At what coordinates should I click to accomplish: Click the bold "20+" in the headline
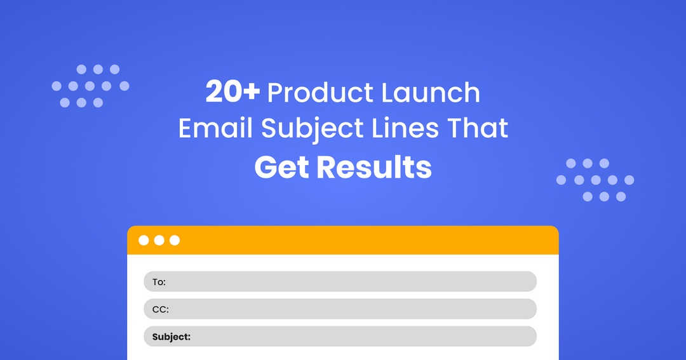pyautogui.click(x=232, y=93)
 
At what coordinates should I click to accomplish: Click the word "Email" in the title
pyautogui.click(x=215, y=129)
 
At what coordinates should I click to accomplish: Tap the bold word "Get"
pyautogui.click(x=281, y=167)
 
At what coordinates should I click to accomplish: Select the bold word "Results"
pyautogui.click(x=374, y=167)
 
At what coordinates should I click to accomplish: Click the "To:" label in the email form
pyautogui.click(x=158, y=282)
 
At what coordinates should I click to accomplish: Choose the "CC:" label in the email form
pyautogui.click(x=160, y=309)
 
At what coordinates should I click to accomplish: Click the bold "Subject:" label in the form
pyautogui.click(x=171, y=337)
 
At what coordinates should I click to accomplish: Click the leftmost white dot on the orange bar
pyautogui.click(x=144, y=240)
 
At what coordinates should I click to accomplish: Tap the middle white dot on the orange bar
pyautogui.click(x=159, y=240)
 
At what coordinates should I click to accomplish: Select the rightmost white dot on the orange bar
pyautogui.click(x=175, y=240)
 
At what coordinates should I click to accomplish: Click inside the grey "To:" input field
pyautogui.click(x=349, y=282)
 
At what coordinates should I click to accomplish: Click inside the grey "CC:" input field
pyautogui.click(x=349, y=309)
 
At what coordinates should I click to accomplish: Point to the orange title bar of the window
pyautogui.click(x=368, y=240)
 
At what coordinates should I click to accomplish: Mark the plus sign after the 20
pyautogui.click(x=252, y=93)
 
